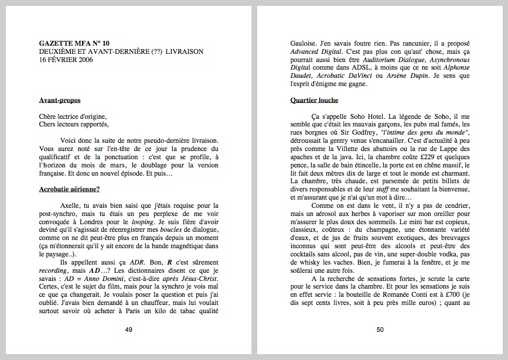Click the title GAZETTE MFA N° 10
tap(74, 43)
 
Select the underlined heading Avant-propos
tap(59, 101)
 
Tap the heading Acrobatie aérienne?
tap(69, 189)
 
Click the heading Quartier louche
tap(314, 100)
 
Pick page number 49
tap(128, 330)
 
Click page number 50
tap(380, 330)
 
